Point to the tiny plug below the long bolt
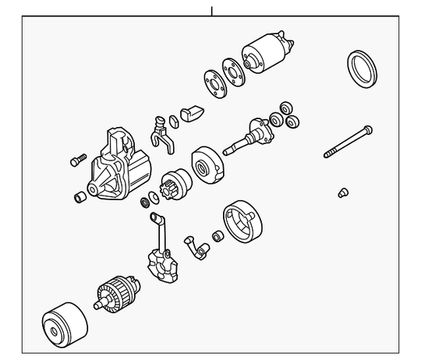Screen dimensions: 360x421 342,192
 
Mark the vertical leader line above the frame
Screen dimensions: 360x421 210,10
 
